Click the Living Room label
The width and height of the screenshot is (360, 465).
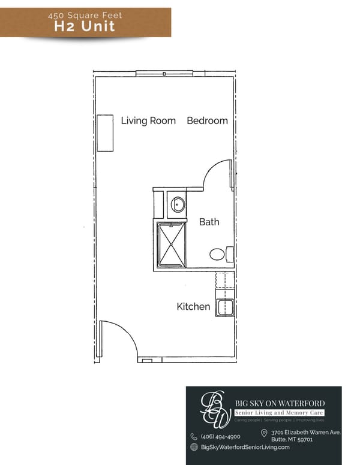point(148,120)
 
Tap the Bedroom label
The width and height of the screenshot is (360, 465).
point(207,120)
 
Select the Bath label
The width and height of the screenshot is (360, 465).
point(209,222)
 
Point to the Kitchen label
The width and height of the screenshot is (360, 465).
point(193,307)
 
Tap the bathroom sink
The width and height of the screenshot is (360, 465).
point(178,205)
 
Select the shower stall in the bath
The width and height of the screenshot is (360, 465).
point(171,245)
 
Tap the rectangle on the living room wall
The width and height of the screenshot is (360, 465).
point(106,132)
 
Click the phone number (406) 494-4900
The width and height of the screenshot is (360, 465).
point(220,437)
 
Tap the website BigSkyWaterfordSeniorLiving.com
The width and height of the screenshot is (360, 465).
point(245,447)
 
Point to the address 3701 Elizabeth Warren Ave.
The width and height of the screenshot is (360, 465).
point(305,432)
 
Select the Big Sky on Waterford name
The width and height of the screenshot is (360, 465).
point(279,403)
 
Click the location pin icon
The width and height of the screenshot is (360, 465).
point(263,433)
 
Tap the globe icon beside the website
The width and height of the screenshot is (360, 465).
point(194,447)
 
